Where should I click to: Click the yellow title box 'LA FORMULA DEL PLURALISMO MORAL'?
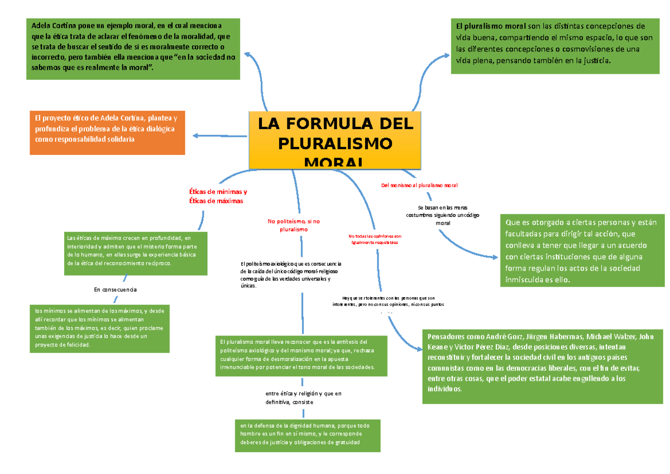pos(335,140)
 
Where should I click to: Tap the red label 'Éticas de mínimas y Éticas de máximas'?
pos(218,196)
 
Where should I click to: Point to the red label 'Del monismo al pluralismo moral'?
pos(419,184)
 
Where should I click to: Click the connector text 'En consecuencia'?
pos(116,290)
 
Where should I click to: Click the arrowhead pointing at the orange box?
pos(195,135)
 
